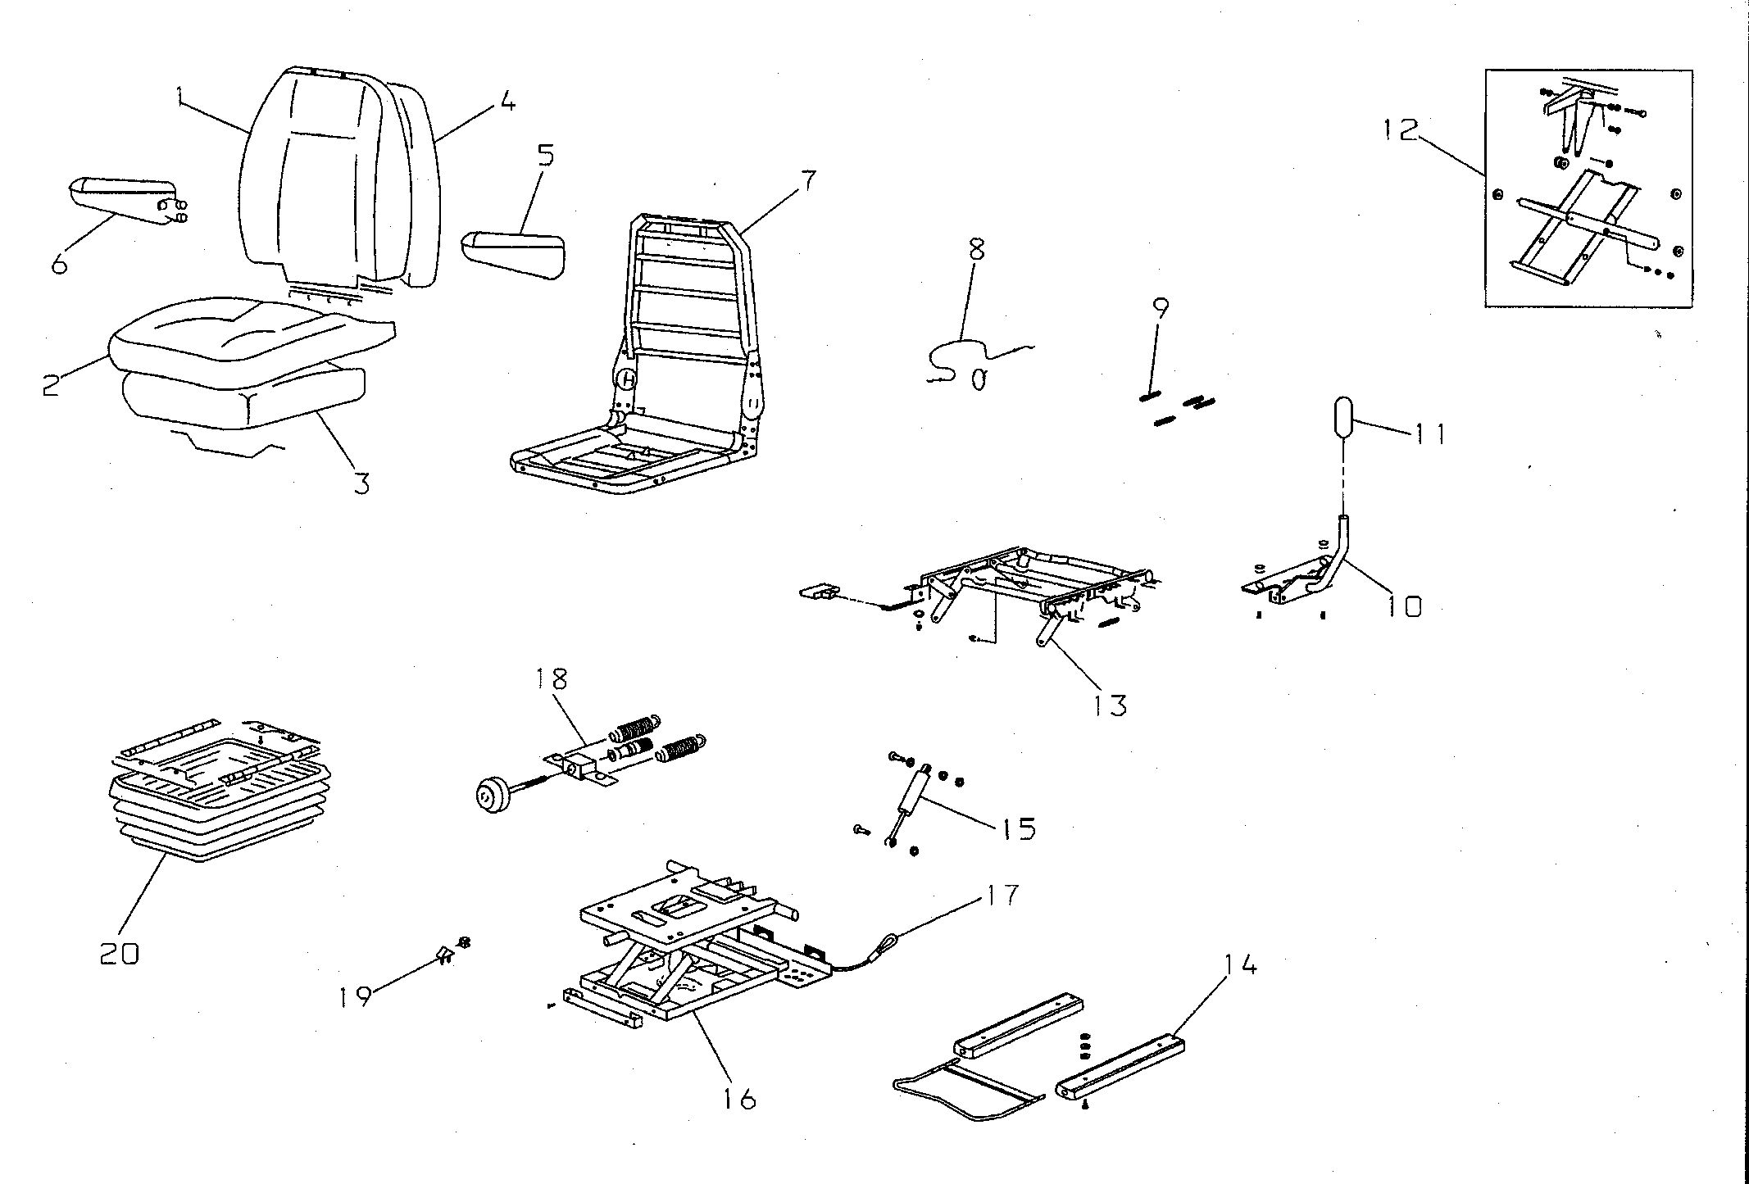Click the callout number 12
click(x=1399, y=129)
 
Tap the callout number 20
click(x=120, y=953)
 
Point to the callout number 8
click(x=975, y=249)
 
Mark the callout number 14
click(x=1240, y=967)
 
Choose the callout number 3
click(x=361, y=483)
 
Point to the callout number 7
click(x=808, y=179)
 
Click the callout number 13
click(x=1111, y=704)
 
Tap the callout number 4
click(x=507, y=102)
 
